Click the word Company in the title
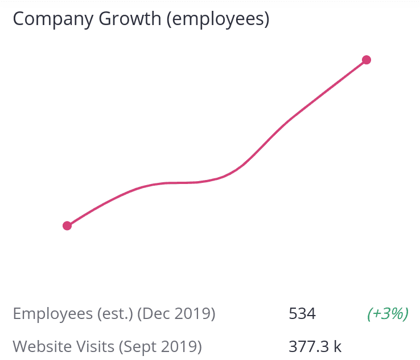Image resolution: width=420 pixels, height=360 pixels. [53, 19]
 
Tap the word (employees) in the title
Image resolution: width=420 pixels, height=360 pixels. [218, 19]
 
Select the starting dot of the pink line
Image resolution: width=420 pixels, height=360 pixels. [67, 226]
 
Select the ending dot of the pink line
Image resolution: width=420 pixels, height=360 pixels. [367, 60]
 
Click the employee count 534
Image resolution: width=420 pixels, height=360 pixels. [302, 314]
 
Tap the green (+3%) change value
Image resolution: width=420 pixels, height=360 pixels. [388, 314]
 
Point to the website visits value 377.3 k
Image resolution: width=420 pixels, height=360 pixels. [315, 346]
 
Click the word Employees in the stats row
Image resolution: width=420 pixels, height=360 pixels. [53, 314]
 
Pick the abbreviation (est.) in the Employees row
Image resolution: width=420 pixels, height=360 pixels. [115, 314]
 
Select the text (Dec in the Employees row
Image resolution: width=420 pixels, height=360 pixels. [154, 314]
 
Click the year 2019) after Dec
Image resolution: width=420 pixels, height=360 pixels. [195, 314]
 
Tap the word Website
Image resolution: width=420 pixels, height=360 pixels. [42, 346]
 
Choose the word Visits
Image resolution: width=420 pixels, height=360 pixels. [95, 346]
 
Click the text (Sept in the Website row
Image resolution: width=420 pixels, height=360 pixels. [138, 347]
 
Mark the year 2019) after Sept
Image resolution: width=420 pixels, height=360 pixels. [182, 346]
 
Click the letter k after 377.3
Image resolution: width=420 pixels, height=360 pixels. [337, 346]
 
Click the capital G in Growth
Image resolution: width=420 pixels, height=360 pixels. [105, 19]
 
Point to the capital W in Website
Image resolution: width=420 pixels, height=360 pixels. [22, 346]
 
